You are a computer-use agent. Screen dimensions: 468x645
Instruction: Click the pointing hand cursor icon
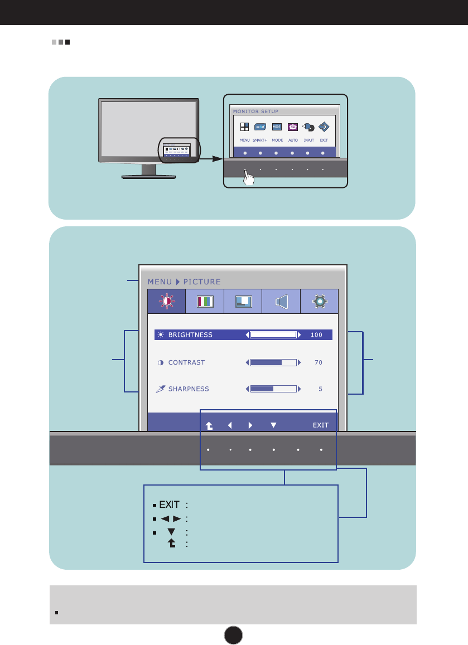249,178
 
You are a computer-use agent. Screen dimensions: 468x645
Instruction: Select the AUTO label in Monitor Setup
293,140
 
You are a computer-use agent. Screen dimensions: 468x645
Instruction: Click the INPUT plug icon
308,127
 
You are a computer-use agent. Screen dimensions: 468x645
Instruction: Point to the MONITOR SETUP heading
255,111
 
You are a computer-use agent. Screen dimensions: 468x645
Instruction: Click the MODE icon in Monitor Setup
277,127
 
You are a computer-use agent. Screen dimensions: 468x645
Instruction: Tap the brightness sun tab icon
166,302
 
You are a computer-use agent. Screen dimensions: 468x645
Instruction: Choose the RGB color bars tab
205,302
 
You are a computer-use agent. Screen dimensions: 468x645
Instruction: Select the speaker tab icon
281,302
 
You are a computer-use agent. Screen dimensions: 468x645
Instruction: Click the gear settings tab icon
319,302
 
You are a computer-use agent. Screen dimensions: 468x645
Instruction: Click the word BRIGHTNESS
190,335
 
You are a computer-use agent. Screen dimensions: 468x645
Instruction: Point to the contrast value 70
318,362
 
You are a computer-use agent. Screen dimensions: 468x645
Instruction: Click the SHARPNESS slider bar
273,389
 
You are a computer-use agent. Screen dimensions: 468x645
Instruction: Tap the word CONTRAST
186,362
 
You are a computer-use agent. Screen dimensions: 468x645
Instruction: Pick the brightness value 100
317,335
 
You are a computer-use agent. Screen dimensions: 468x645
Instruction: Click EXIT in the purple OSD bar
320,425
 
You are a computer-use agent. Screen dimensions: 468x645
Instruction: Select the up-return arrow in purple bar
209,425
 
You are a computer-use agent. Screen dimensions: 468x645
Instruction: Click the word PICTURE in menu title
202,282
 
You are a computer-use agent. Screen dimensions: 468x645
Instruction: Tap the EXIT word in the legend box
169,505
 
